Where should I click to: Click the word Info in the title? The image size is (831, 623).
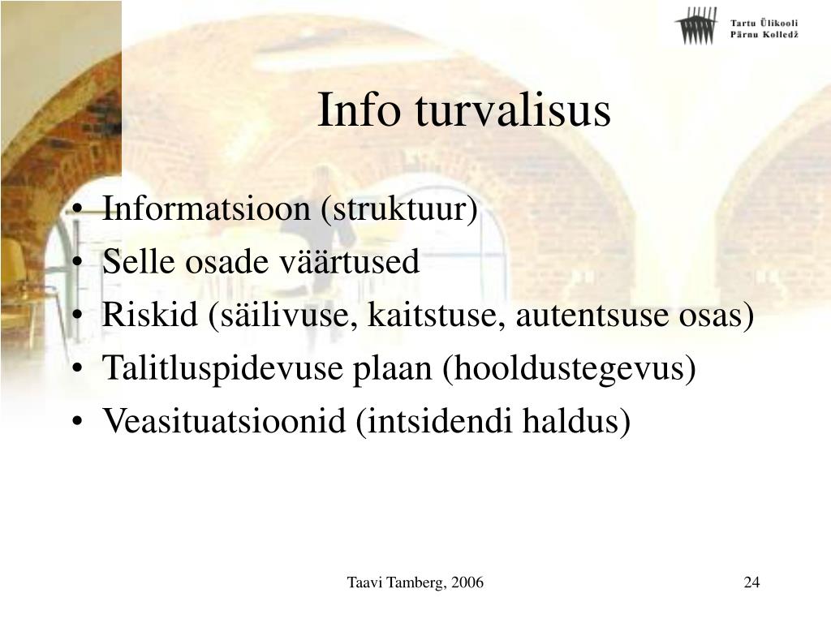tap(359, 110)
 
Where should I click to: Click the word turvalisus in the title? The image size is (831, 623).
tap(513, 110)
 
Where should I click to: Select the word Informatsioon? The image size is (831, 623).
tap(205, 208)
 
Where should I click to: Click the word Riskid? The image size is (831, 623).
tap(149, 314)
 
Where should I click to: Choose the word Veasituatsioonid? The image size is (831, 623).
tap(224, 421)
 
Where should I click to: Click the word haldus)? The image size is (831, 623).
tap(576, 422)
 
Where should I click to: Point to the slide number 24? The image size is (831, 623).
tap(751, 582)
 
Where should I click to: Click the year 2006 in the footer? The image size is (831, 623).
tap(468, 582)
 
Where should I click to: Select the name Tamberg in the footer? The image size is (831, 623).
tap(417, 582)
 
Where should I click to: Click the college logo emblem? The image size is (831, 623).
tap(695, 25)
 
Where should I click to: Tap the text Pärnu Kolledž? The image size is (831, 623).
tap(764, 34)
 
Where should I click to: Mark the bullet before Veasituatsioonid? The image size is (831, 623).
tap(77, 422)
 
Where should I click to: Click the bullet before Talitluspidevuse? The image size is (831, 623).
tap(77, 369)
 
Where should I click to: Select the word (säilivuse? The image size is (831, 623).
tap(282, 316)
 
